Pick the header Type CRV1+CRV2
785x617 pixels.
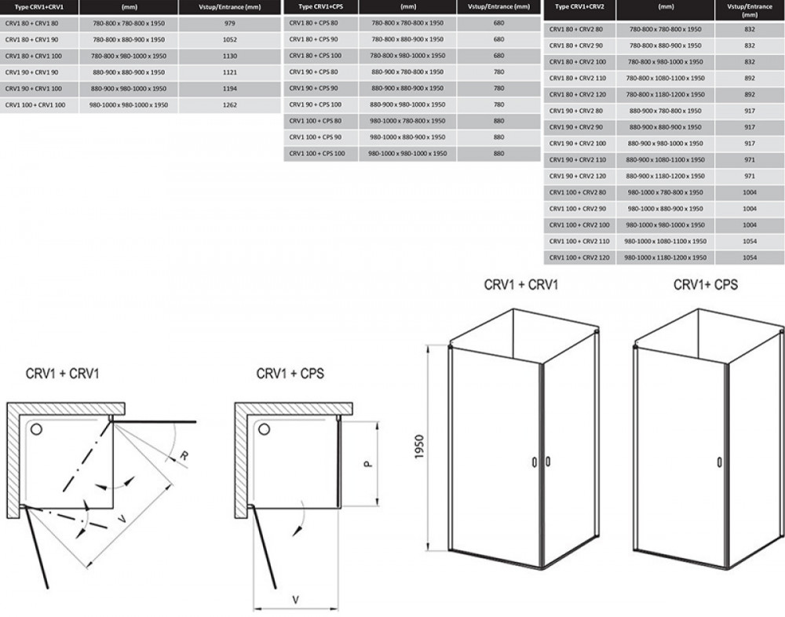[579, 6]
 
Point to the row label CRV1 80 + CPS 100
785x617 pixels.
[315, 56]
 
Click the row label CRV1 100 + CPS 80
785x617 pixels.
[315, 121]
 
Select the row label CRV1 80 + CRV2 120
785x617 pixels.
[579, 94]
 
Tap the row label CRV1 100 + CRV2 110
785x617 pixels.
[579, 241]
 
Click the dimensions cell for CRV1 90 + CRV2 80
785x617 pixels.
[666, 111]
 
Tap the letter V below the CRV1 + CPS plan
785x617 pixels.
[295, 599]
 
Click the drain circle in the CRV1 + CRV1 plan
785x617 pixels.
[35, 429]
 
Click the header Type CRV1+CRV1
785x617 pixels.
[35, 6]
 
